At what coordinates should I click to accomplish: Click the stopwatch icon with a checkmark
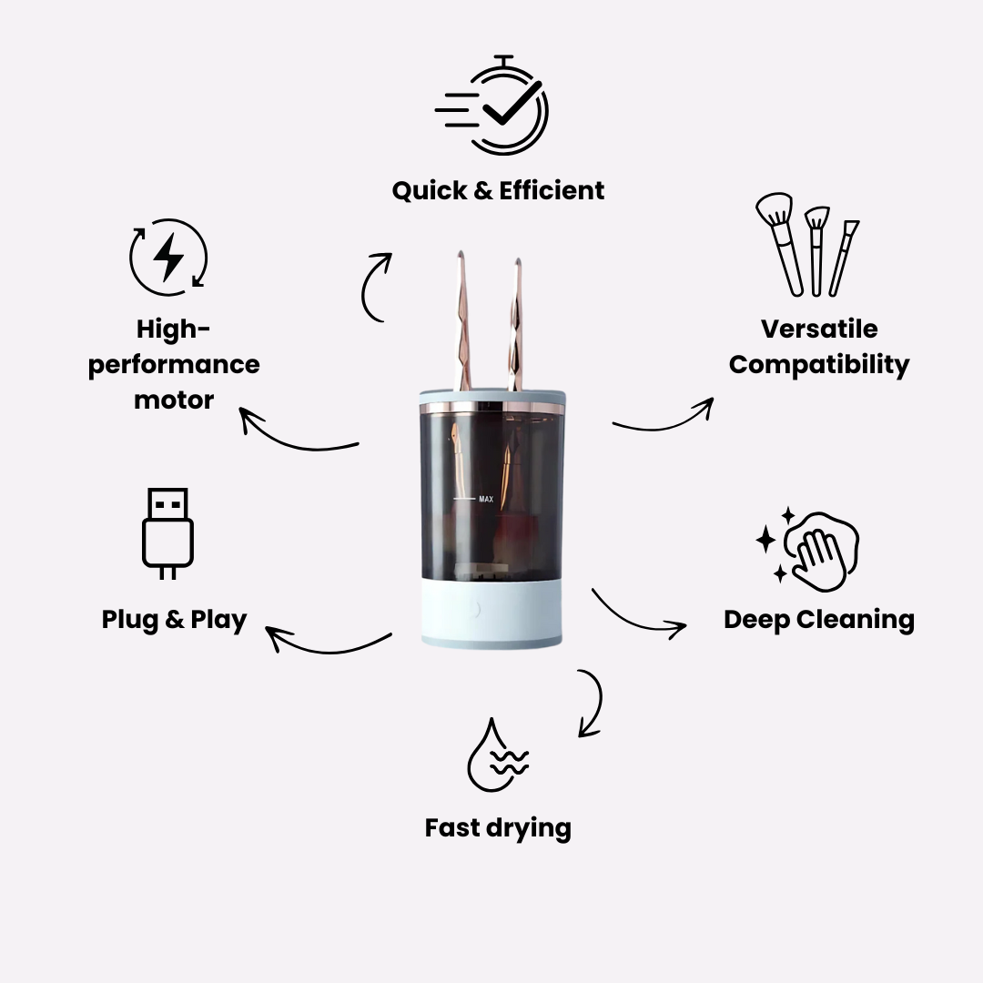point(492,106)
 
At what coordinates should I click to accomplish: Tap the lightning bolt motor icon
point(168,257)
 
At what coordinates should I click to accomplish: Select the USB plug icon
point(167,533)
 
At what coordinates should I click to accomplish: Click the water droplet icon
point(498,755)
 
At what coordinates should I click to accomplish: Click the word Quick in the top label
point(430,190)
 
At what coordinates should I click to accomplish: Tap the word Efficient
point(552,190)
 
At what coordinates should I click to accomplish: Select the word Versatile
point(819,329)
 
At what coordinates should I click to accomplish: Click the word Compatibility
point(819,365)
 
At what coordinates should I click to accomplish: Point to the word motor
point(174,400)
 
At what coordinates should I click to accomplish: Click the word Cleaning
point(855,620)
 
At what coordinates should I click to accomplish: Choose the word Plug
point(130,620)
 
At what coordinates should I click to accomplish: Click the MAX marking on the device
point(486,499)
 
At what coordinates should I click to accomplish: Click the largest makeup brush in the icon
point(779,244)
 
